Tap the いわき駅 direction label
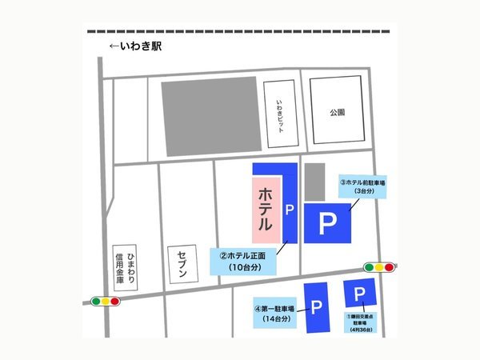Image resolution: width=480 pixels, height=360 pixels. tap(136, 46)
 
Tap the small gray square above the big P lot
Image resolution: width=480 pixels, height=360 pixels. tap(314, 180)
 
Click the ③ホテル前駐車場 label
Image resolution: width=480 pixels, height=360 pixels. tap(363, 186)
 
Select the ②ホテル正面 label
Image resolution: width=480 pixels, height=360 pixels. tap(242, 261)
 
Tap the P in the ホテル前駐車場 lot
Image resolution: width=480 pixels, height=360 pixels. tap(327, 225)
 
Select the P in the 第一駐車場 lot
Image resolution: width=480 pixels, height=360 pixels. tap(317, 307)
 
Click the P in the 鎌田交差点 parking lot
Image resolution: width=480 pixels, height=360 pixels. tap(359, 293)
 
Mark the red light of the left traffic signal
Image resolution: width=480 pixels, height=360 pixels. tap(114, 302)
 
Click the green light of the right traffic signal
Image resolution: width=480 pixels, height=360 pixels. tap(369, 267)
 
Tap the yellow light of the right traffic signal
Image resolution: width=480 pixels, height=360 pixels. tap(379, 267)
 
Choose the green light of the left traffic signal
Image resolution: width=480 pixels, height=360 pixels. tap(95, 302)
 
